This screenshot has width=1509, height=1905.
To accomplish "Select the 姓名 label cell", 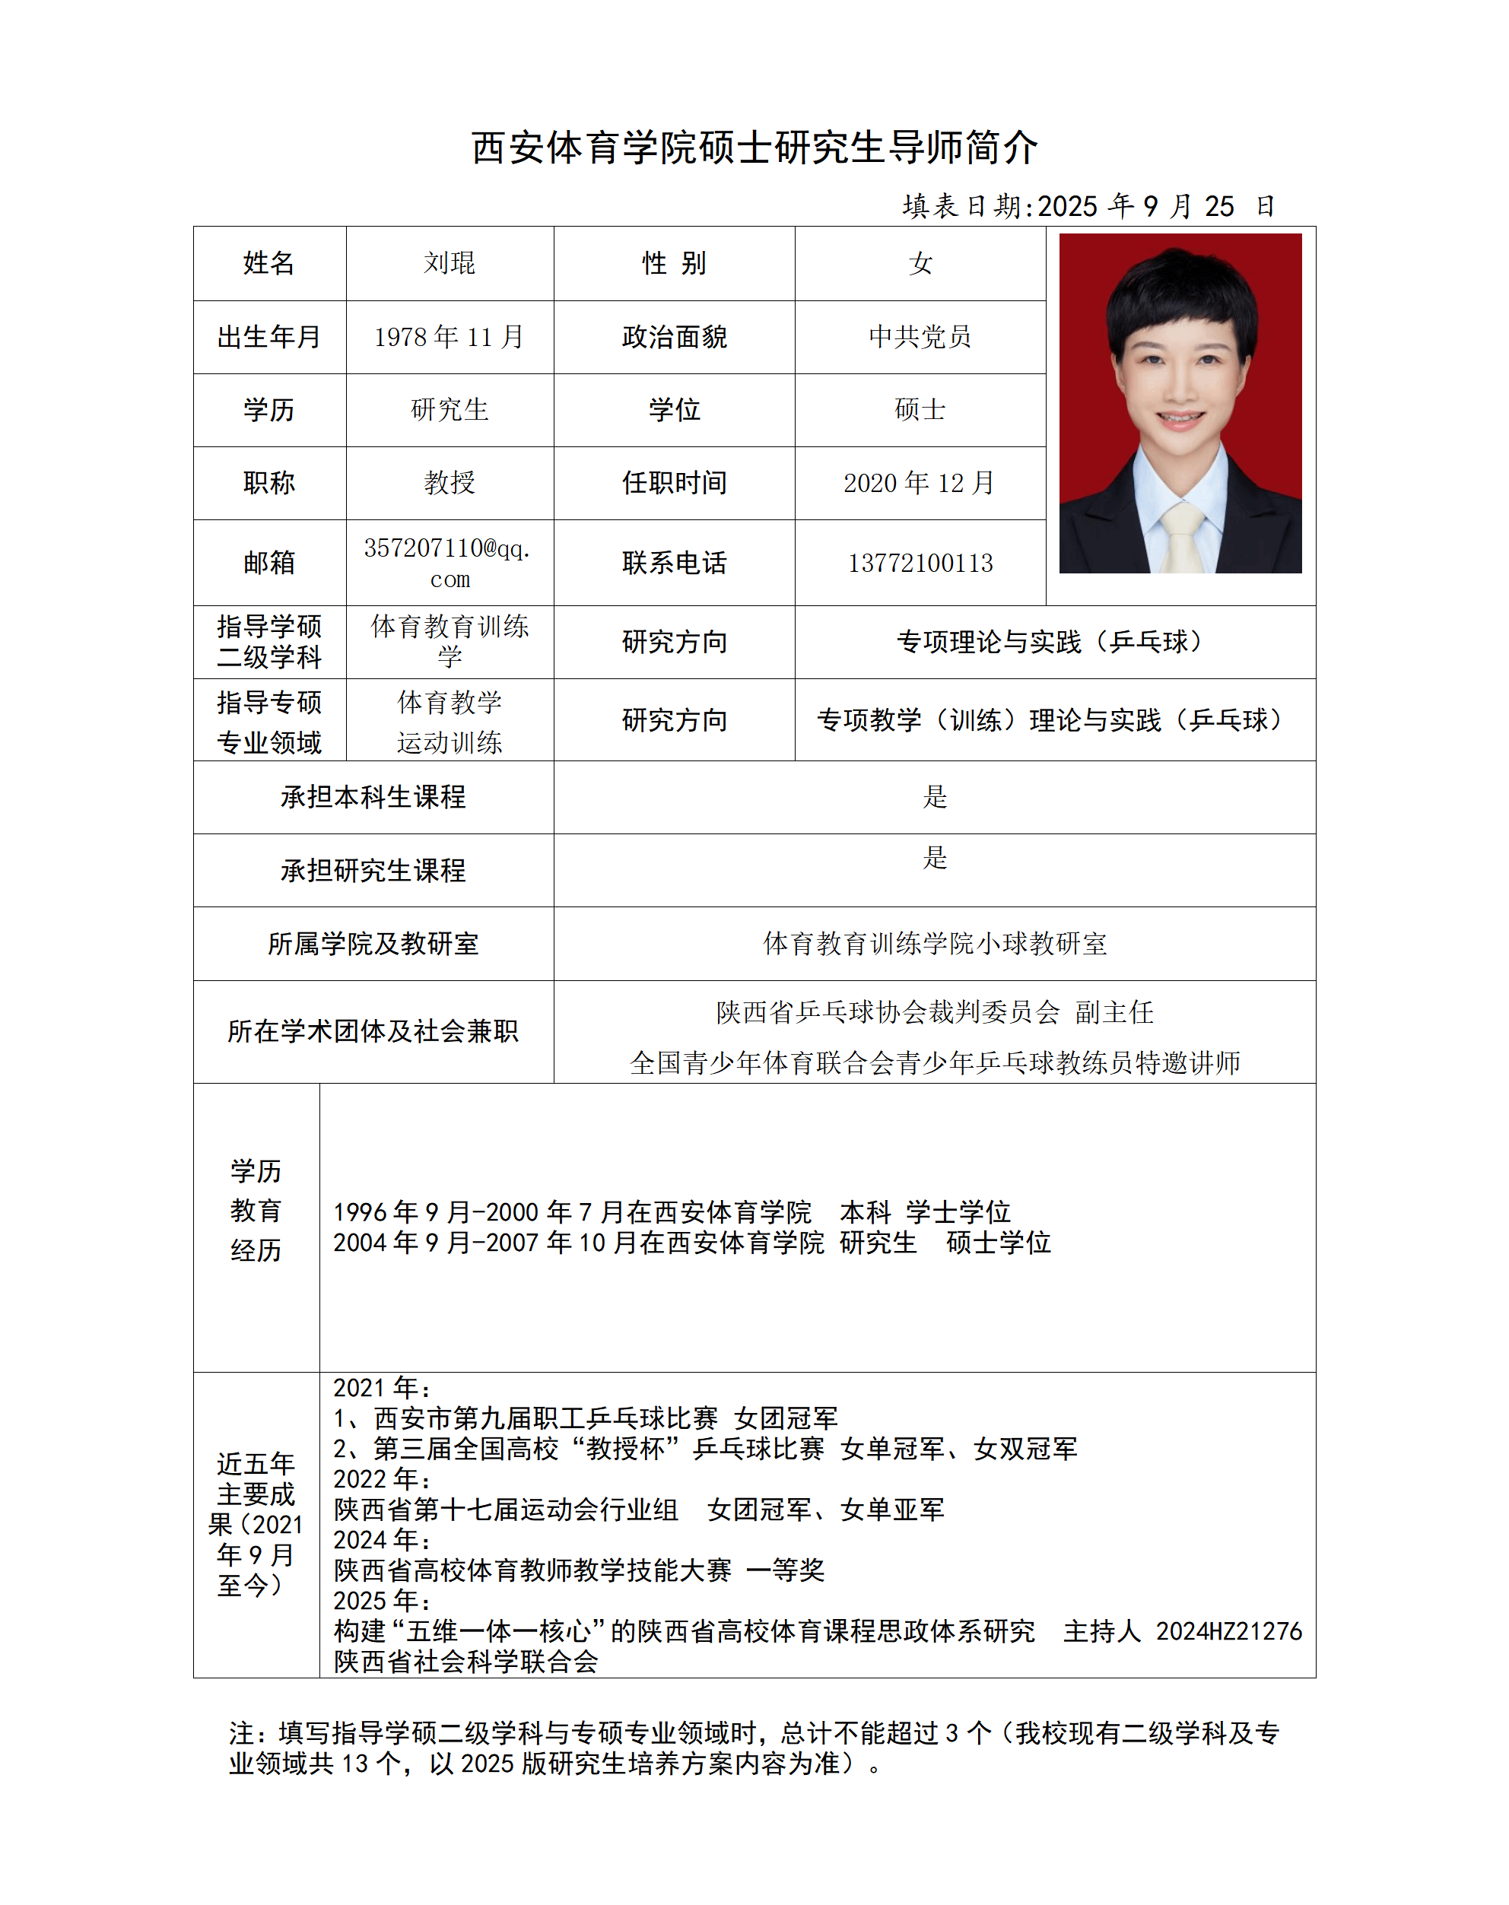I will [x=268, y=263].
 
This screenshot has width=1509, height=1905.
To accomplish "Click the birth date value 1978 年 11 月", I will [x=449, y=336].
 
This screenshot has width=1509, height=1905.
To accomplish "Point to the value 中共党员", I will [x=920, y=336].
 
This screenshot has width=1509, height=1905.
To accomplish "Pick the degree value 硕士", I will [x=920, y=410].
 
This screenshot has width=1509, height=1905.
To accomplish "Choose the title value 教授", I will [x=449, y=482].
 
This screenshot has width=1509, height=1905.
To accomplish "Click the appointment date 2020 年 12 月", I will [x=920, y=482].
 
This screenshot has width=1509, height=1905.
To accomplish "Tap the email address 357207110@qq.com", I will [x=449, y=563].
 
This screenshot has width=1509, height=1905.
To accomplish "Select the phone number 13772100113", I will [x=920, y=563].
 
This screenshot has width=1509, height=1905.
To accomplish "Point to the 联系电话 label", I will [x=674, y=563].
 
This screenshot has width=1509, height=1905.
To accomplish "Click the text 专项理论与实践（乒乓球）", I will [x=1053, y=642].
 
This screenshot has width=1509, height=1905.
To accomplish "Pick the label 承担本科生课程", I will [x=373, y=797].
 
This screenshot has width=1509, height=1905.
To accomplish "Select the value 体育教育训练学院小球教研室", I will [x=934, y=943].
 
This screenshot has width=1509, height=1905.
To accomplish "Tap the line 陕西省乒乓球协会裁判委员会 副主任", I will [x=934, y=1012].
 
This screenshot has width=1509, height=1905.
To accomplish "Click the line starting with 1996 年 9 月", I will [x=672, y=1211].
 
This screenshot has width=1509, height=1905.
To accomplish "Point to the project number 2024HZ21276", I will [x=1228, y=1630].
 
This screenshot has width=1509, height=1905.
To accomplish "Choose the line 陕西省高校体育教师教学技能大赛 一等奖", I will [x=579, y=1570].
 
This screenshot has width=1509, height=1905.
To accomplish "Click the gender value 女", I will [x=920, y=263].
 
